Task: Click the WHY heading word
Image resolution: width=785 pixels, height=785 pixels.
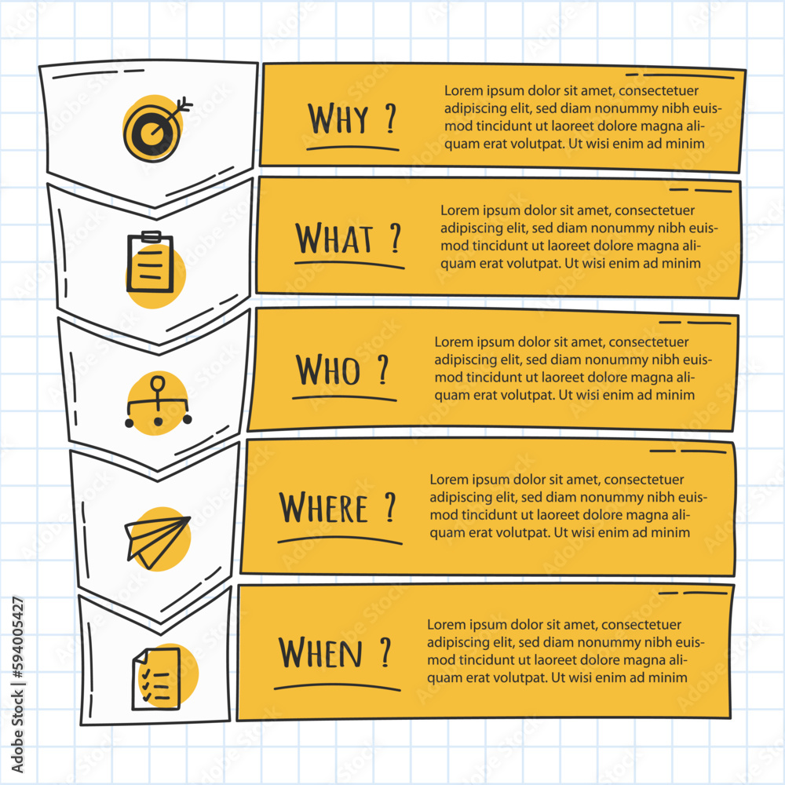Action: [338, 119]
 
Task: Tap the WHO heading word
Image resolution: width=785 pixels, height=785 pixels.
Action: [327, 370]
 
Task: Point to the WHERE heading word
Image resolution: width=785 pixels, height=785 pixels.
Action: [323, 509]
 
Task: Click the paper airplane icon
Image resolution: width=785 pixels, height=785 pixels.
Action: [157, 540]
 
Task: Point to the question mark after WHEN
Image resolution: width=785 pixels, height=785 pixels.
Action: [385, 652]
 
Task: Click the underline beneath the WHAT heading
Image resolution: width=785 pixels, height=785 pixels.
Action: [349, 262]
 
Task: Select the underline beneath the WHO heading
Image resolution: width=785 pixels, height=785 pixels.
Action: [344, 397]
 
